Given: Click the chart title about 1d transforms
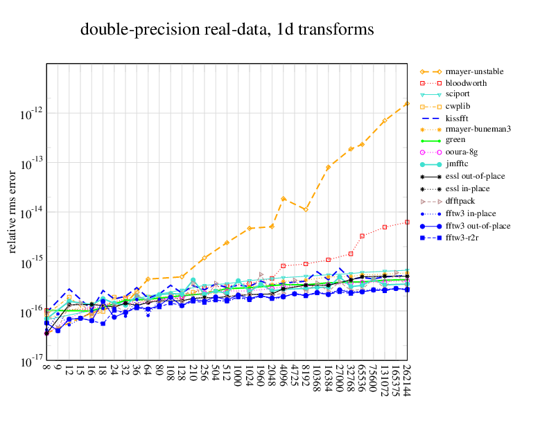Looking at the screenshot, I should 227,30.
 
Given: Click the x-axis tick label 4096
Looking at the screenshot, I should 284,378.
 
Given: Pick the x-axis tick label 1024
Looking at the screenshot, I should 250,378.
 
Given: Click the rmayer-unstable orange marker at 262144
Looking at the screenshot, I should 407,103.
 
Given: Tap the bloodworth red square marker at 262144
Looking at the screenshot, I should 407,222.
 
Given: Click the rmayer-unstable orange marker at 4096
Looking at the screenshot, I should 284,198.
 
